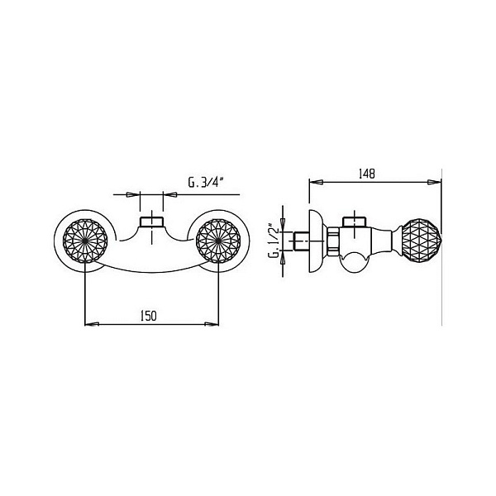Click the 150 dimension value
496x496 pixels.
(x=149, y=316)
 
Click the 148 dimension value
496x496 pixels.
(x=366, y=174)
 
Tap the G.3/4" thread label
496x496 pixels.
(x=206, y=183)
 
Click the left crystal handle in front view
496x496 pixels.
(x=85, y=241)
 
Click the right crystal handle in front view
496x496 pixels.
(x=218, y=241)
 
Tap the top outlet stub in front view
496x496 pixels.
(x=152, y=222)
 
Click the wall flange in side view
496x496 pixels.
(x=317, y=241)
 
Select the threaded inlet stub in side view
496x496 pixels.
(x=301, y=241)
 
